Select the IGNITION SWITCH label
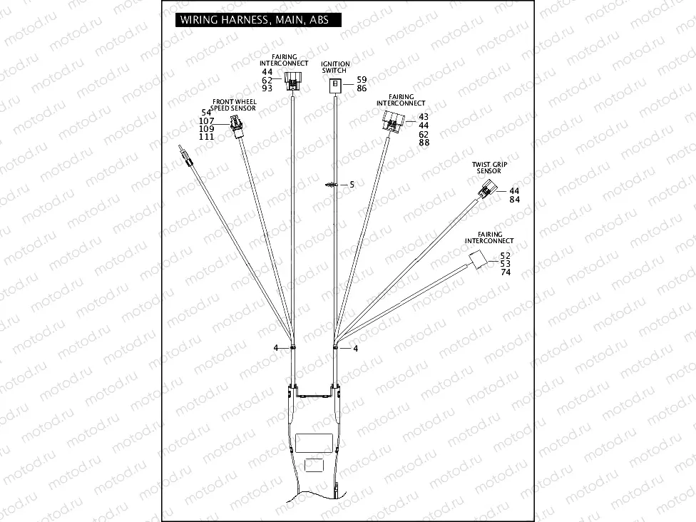pyautogui.click(x=335, y=67)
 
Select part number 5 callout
pyautogui.click(x=351, y=184)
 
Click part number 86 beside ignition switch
pyautogui.click(x=362, y=88)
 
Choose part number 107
pyautogui.click(x=207, y=121)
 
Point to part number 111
pyautogui.click(x=207, y=136)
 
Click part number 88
pyautogui.click(x=424, y=143)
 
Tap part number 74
pyautogui.click(x=506, y=272)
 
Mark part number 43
pyautogui.click(x=424, y=117)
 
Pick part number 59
pyautogui.click(x=362, y=79)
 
